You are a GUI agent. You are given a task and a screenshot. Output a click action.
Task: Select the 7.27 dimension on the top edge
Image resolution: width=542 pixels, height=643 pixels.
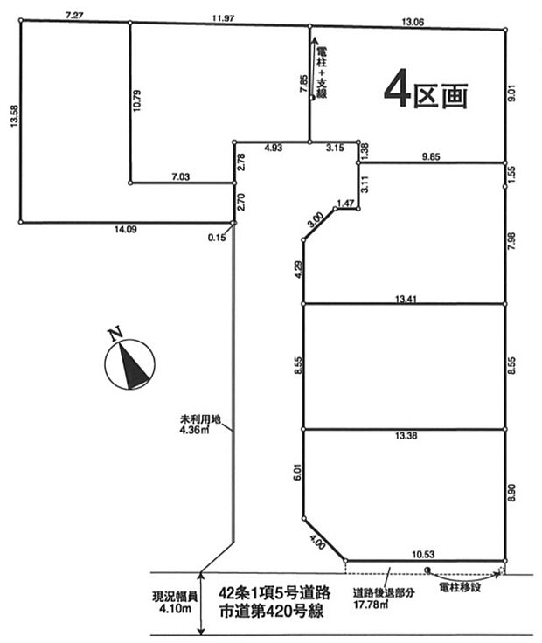click(74, 15)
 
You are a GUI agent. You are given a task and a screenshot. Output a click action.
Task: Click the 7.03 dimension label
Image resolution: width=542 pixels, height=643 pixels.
click(181, 176)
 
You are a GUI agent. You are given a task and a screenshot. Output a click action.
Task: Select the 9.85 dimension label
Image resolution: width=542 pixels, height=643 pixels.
click(433, 156)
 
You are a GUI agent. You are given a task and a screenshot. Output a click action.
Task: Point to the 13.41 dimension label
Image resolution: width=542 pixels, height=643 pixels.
click(405, 298)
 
